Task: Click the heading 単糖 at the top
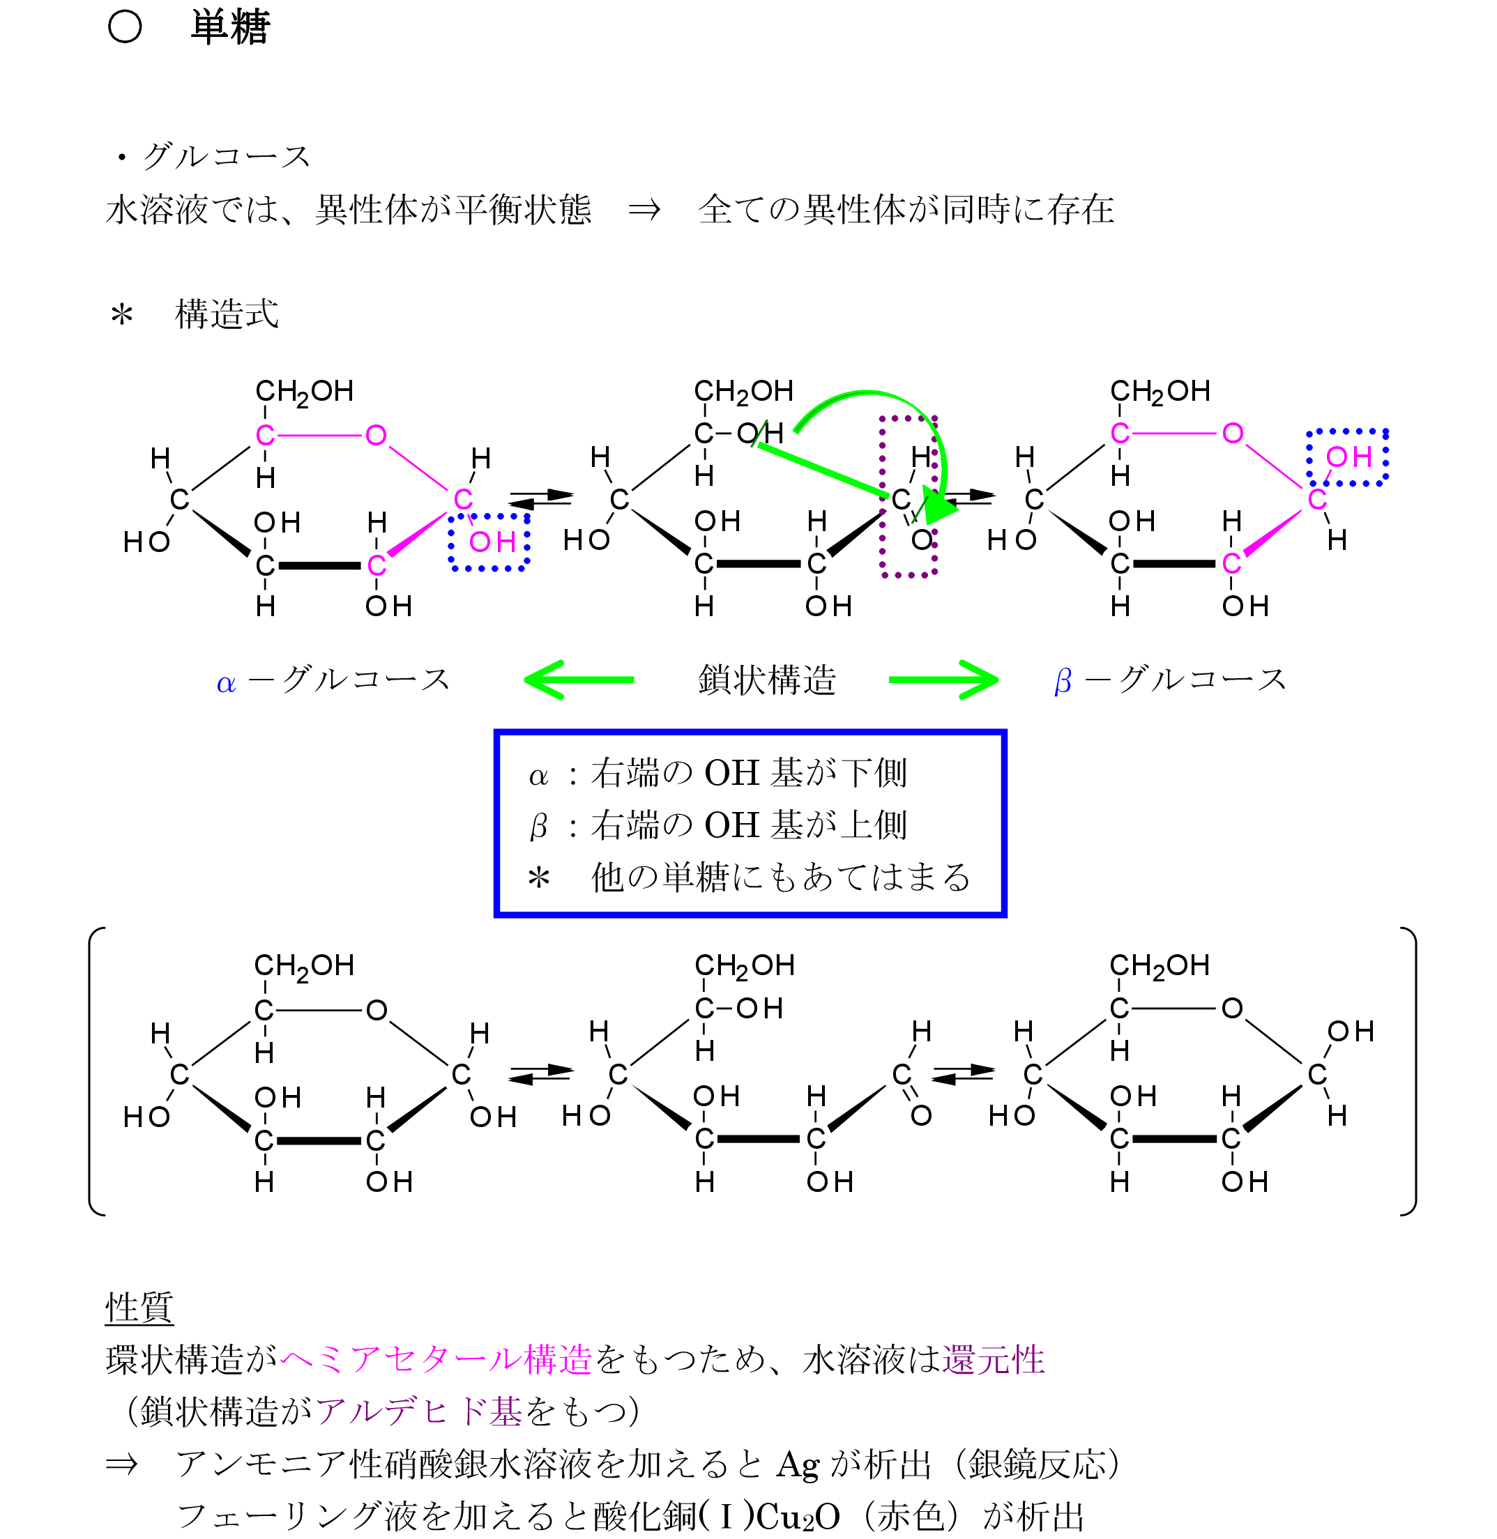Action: click(x=229, y=26)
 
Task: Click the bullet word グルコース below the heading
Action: click(x=227, y=156)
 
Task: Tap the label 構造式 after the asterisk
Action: click(x=227, y=314)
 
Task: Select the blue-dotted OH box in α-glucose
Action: click(x=489, y=542)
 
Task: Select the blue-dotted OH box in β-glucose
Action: click(x=1347, y=457)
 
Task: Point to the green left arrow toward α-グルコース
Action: click(x=579, y=680)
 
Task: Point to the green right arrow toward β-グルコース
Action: click(x=943, y=680)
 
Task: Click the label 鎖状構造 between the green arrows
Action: click(x=766, y=680)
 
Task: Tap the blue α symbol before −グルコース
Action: click(x=226, y=683)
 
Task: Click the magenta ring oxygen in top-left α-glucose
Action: click(x=376, y=435)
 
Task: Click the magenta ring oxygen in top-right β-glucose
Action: click(x=1232, y=433)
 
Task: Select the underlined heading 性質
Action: click(x=139, y=1307)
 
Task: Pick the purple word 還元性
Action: click(x=993, y=1359)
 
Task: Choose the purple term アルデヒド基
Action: click(x=419, y=1411)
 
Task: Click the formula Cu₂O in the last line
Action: click(x=797, y=1516)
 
